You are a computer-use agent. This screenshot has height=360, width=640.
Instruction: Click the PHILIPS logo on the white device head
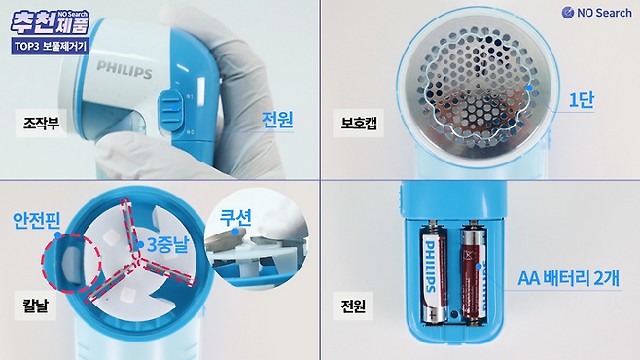[x=124, y=69]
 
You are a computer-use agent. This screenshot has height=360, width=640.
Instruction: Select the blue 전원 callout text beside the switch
[x=277, y=120]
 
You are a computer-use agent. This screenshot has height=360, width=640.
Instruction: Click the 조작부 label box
[x=41, y=123]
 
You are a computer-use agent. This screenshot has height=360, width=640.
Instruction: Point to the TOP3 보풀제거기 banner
[x=51, y=46]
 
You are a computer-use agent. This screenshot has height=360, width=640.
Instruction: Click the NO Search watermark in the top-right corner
[x=596, y=13]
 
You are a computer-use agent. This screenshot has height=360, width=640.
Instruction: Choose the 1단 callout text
[x=582, y=100]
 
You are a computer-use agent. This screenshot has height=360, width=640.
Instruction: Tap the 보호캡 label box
[x=358, y=123]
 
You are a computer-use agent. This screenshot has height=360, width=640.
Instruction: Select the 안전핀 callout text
[x=37, y=221]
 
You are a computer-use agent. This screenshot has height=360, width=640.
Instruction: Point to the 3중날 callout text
[x=167, y=245]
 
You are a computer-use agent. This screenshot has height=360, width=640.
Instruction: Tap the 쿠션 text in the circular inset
[x=235, y=218]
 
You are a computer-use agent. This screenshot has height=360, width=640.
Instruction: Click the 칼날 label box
[x=36, y=306]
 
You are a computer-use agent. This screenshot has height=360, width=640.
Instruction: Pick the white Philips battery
[x=434, y=273]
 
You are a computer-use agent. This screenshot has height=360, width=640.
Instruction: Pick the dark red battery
[x=474, y=274]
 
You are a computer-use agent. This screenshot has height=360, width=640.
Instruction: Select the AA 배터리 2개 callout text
[x=569, y=278]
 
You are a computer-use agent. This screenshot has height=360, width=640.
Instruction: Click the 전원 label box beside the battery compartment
[x=353, y=306]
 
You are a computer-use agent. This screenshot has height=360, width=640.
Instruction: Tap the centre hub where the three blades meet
[x=138, y=261]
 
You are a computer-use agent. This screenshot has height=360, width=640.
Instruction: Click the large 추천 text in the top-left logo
[x=33, y=22]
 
